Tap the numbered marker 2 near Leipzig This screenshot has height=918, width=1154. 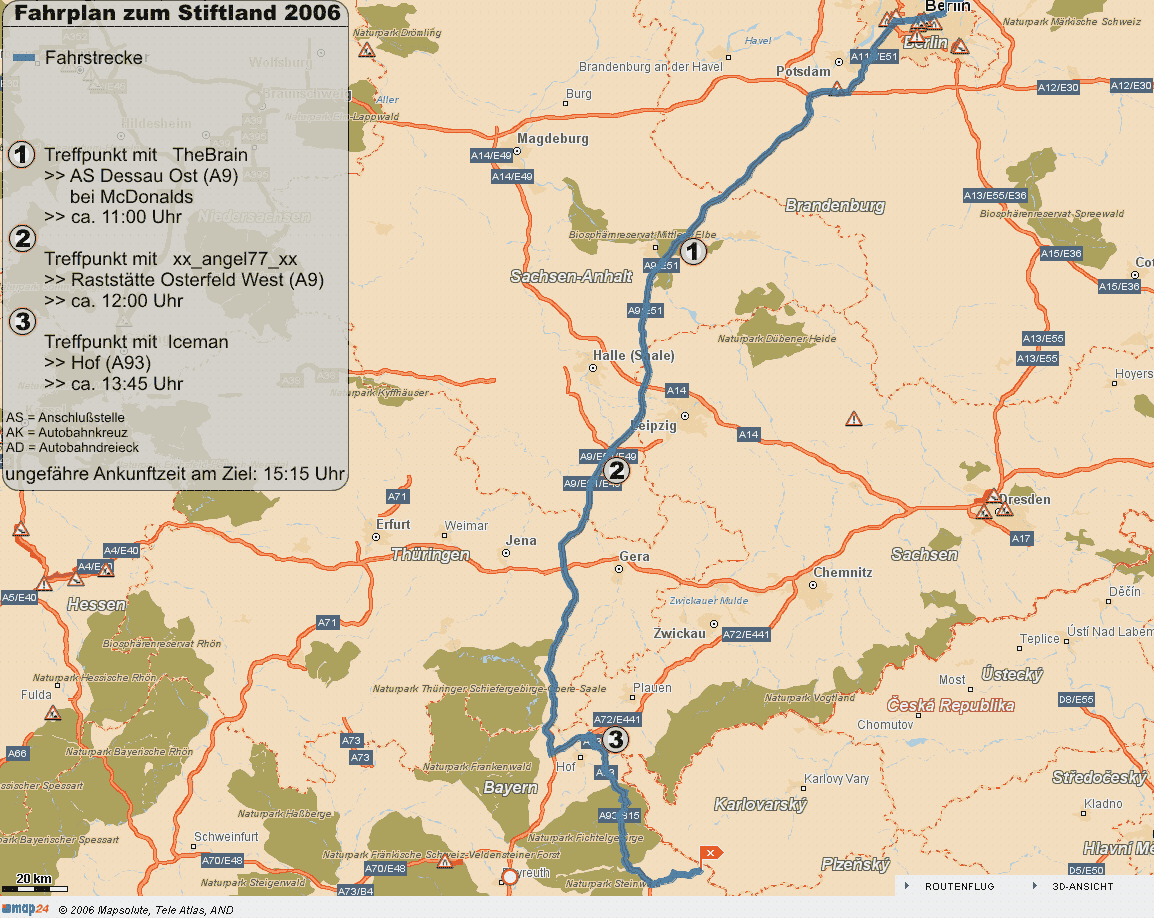[x=616, y=470]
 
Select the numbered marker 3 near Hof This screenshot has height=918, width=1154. [x=616, y=739]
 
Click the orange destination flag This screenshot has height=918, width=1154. [x=709, y=853]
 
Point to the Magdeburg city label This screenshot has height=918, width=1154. [x=553, y=138]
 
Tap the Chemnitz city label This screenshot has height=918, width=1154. [x=843, y=573]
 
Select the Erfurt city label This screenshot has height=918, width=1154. [x=393, y=524]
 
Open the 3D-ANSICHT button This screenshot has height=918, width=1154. [x=1082, y=886]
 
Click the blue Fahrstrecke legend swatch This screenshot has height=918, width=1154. [x=25, y=58]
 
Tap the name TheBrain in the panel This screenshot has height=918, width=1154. [x=210, y=155]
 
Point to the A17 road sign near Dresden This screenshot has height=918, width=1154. [x=1020, y=539]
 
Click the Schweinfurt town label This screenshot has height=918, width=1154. [x=228, y=836]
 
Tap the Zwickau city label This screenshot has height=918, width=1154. [x=679, y=634]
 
